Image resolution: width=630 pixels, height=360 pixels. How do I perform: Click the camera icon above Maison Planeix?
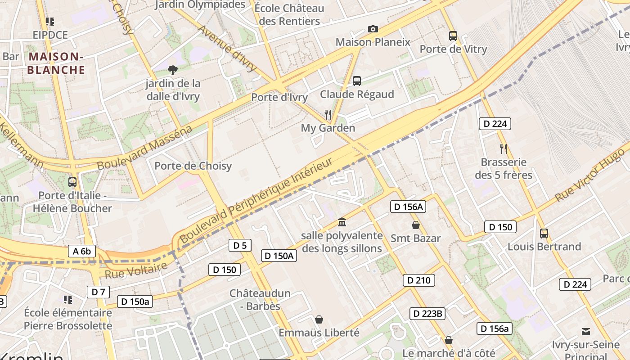tap(373, 29)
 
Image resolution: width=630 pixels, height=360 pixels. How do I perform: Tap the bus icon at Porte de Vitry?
tap(453, 36)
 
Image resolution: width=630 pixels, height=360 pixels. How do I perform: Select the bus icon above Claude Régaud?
tap(357, 81)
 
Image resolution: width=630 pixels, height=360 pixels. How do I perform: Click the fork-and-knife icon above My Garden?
tap(328, 115)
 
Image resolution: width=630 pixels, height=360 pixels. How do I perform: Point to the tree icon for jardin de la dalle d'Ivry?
tap(172, 70)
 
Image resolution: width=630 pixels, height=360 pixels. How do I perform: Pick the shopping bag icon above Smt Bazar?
tap(415, 225)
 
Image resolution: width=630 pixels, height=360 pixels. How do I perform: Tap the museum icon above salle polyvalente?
tap(342, 222)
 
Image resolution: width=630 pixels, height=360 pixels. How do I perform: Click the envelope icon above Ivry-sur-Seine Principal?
tap(585, 332)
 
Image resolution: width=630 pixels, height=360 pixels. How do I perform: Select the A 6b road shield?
tap(82, 251)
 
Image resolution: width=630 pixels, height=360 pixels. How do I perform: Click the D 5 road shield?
tap(240, 245)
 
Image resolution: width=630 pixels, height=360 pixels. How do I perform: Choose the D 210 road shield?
tap(418, 280)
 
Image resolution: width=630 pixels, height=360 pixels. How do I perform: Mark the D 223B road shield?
tap(427, 314)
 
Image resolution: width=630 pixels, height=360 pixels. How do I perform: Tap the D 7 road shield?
tap(98, 292)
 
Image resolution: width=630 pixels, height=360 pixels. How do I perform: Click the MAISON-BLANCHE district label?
tap(56, 63)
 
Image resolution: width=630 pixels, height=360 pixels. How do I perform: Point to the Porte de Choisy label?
tap(193, 166)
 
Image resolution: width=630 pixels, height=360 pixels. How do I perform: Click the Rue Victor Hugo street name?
tap(589, 175)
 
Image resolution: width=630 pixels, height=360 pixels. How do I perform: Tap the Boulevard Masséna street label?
tap(144, 148)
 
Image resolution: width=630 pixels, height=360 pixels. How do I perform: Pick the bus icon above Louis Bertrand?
tap(544, 234)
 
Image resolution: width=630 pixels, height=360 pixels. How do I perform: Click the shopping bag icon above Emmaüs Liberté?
tap(319, 319)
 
